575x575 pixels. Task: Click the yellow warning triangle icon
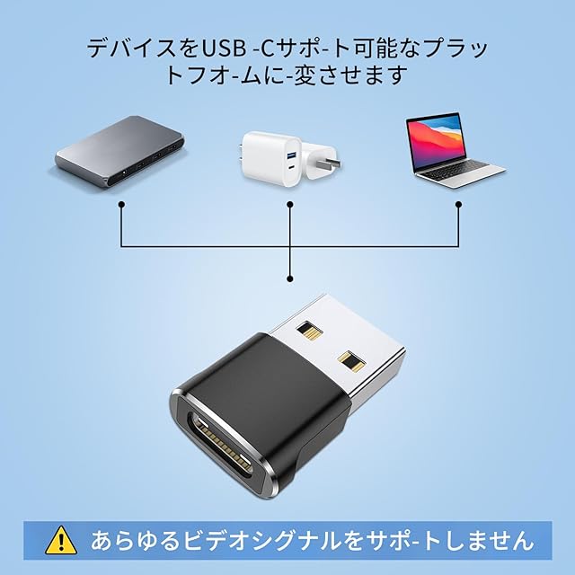(61, 539)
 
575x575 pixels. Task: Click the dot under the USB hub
(121, 204)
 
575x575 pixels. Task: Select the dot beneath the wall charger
(289, 204)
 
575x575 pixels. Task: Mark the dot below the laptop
(458, 204)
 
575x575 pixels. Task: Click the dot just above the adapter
(289, 276)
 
